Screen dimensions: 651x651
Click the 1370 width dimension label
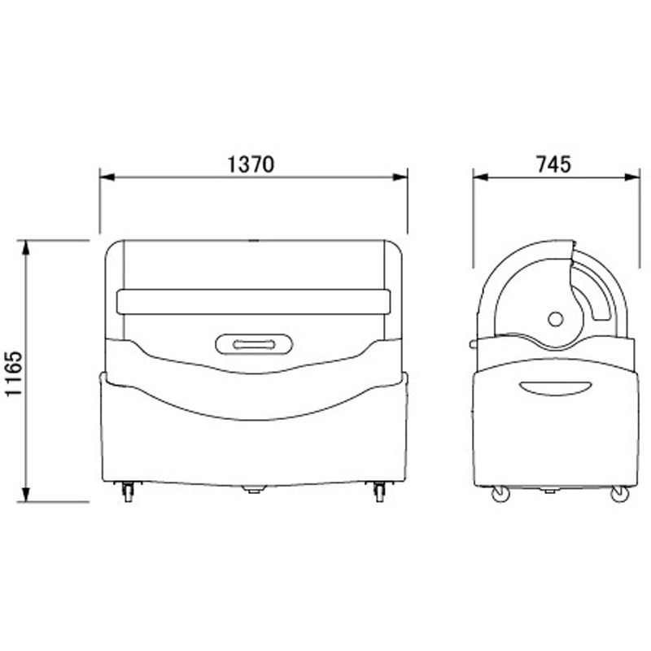click(x=251, y=164)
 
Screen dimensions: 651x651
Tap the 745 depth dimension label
click(x=553, y=164)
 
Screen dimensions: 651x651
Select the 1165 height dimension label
click(x=14, y=374)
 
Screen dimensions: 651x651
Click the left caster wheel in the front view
click(x=129, y=492)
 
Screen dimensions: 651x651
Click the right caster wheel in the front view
click(x=379, y=492)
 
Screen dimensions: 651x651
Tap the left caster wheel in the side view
click(x=500, y=494)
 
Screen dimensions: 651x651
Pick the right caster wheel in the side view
click(x=620, y=494)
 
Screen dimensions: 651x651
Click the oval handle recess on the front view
click(x=254, y=344)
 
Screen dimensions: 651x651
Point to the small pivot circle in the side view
click(x=556, y=319)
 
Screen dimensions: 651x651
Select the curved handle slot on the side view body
click(x=555, y=388)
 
